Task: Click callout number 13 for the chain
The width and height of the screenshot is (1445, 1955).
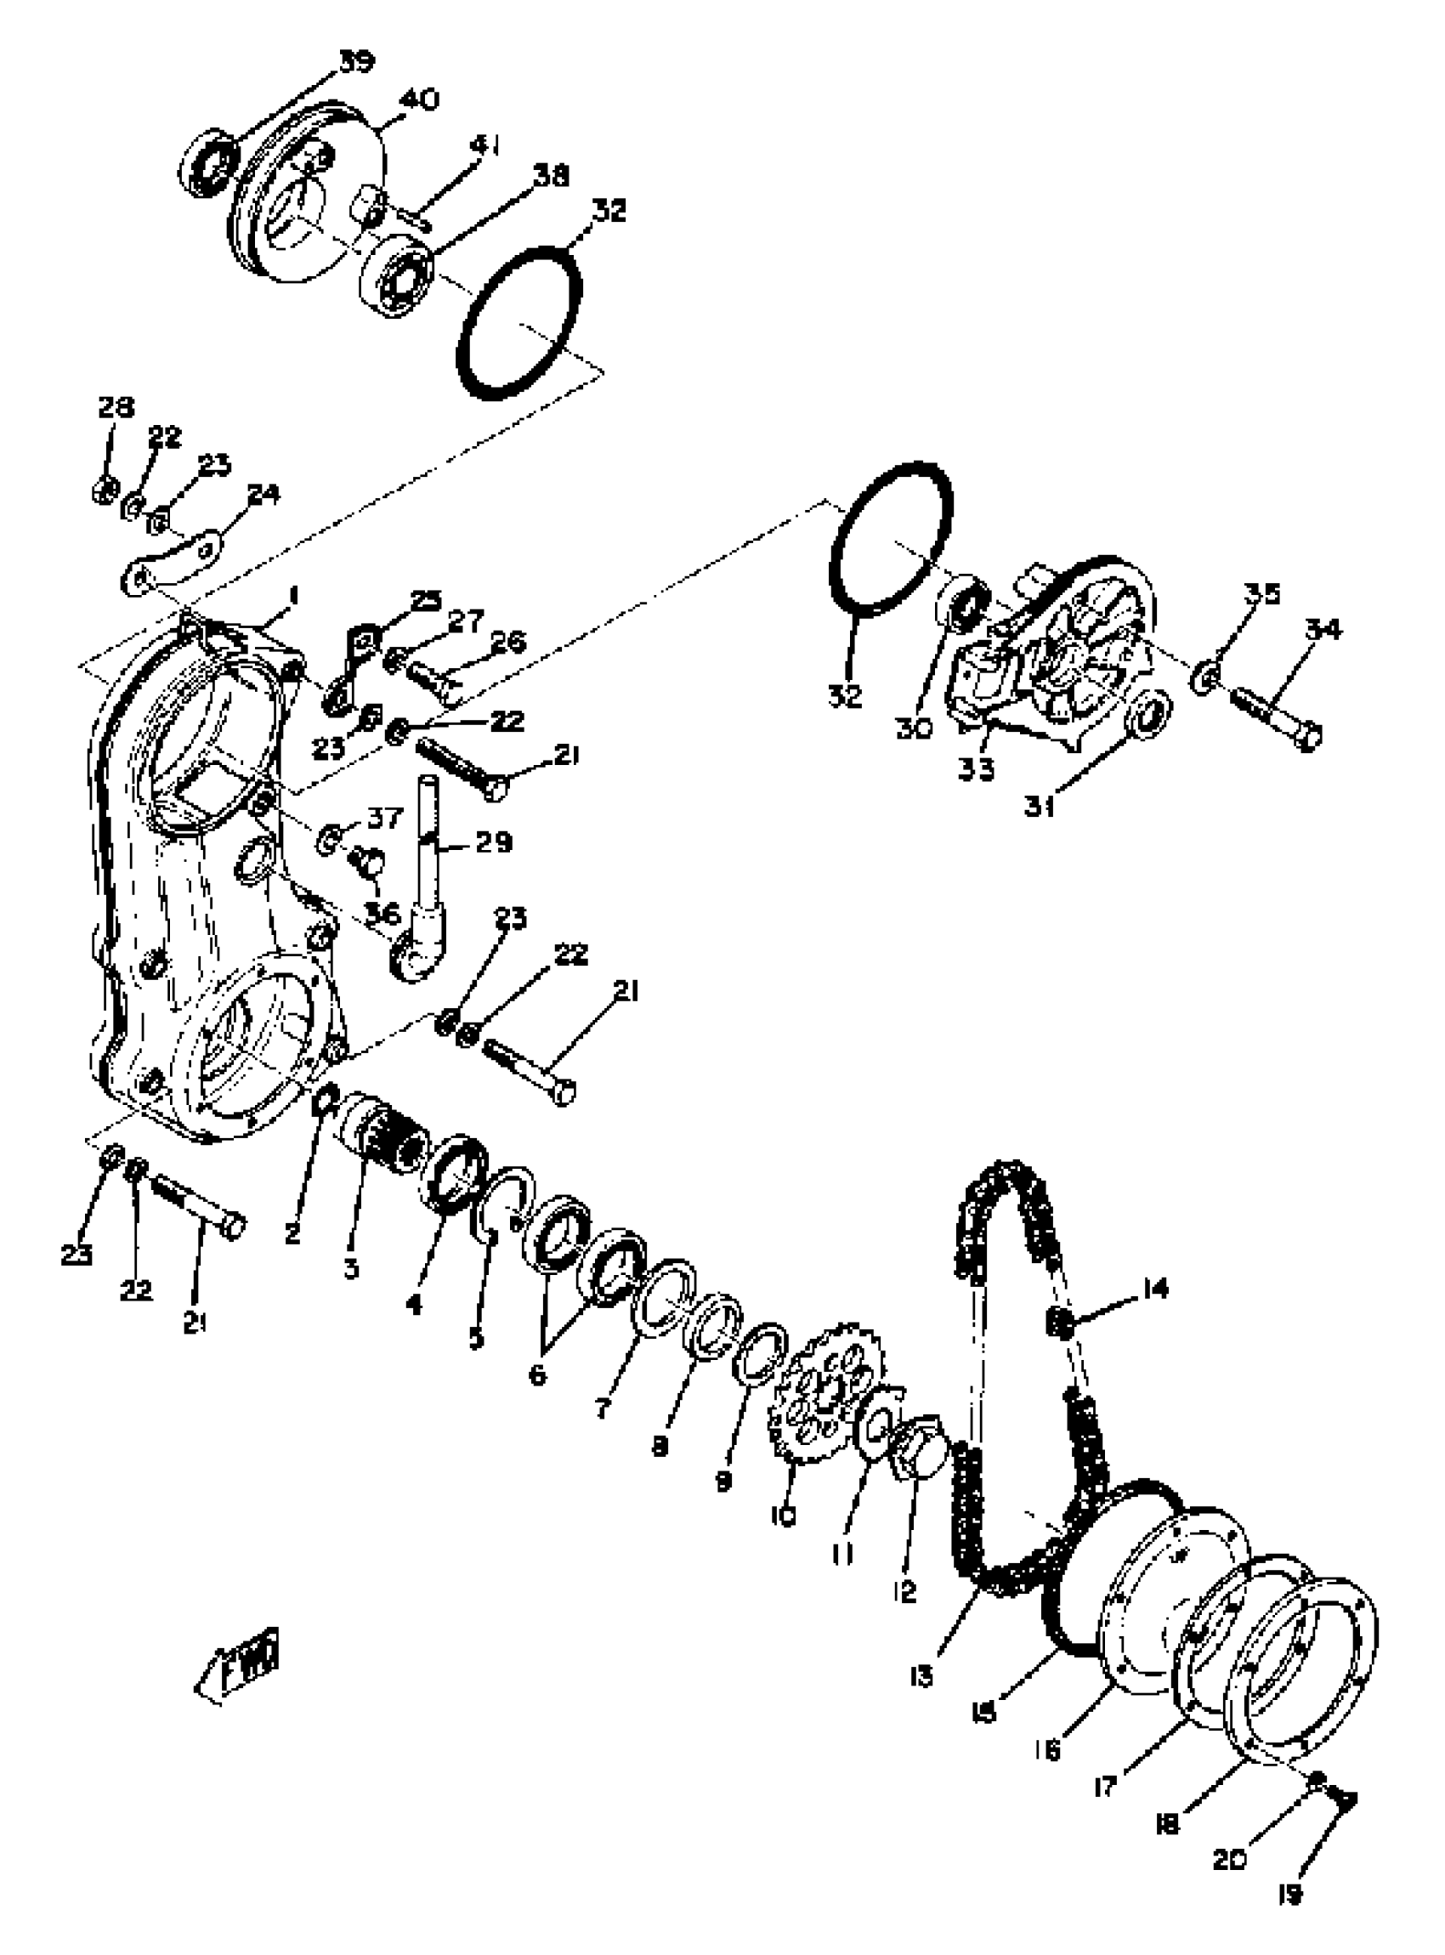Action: tap(921, 1677)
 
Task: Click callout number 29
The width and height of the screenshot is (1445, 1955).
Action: tap(494, 842)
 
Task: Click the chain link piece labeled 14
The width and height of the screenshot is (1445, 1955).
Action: tap(1059, 1325)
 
